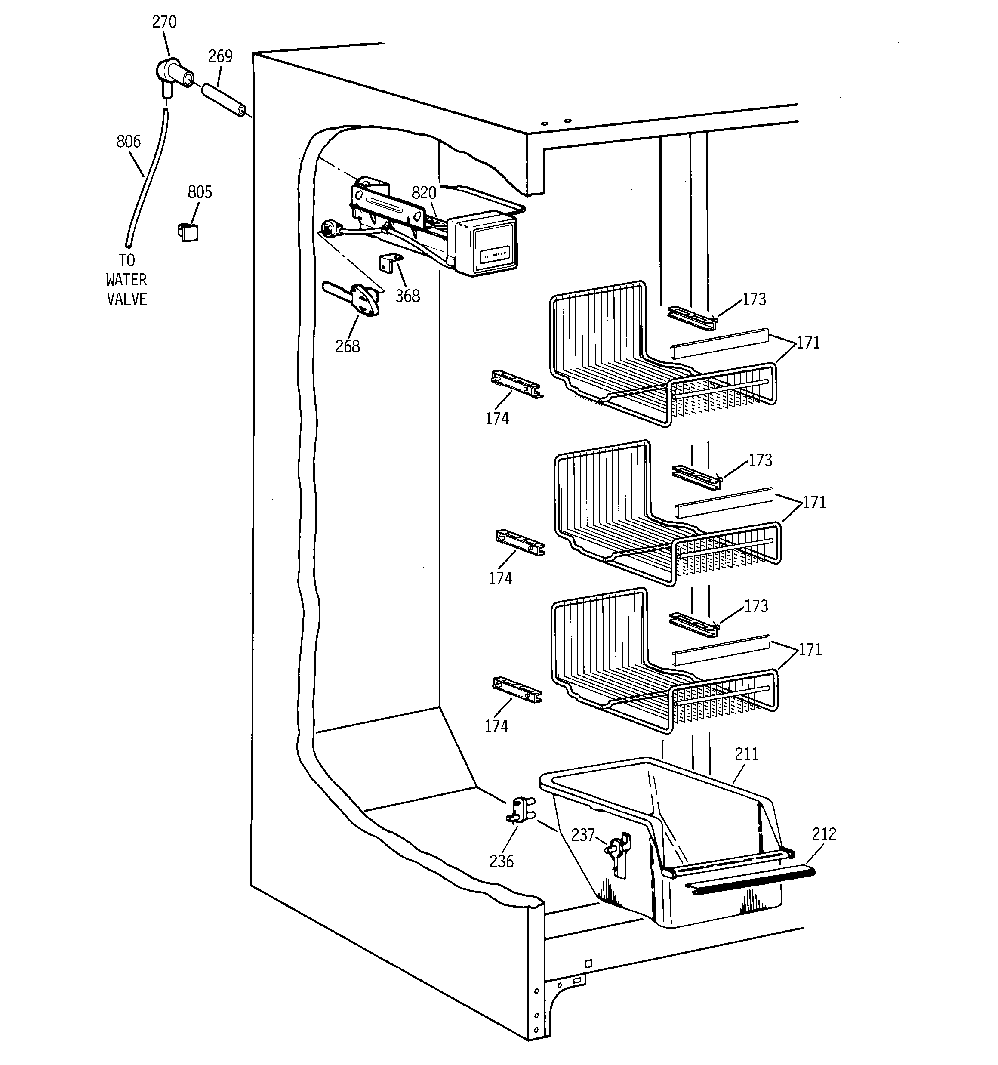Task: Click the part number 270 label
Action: tap(164, 22)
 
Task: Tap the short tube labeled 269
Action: tap(223, 100)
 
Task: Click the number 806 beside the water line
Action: tap(129, 142)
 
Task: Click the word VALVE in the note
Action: tap(126, 299)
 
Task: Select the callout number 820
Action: tap(423, 193)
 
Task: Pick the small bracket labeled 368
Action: tap(391, 262)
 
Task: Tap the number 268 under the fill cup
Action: tap(348, 346)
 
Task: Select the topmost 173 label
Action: tap(754, 299)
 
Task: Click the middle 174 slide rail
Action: tap(520, 543)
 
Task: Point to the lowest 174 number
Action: tap(496, 726)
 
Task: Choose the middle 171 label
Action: tap(814, 503)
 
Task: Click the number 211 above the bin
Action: tap(746, 754)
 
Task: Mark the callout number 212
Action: tap(824, 834)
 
